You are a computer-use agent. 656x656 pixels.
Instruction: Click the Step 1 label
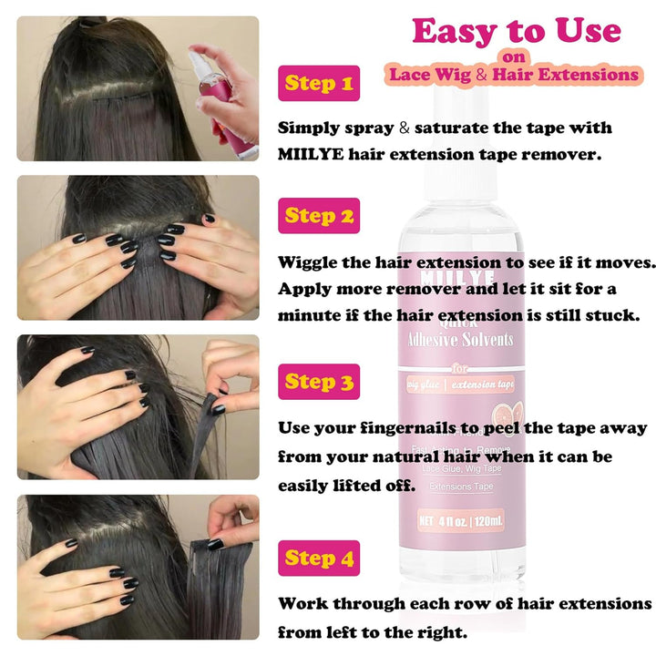coord(318,85)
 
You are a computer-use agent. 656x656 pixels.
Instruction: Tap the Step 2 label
coord(318,216)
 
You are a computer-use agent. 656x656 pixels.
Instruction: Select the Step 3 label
coord(318,382)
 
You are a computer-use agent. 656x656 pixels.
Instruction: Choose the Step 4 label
coord(318,558)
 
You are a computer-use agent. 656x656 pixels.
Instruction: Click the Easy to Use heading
coord(516,31)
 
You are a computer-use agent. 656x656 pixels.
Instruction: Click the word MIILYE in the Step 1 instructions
coord(312,154)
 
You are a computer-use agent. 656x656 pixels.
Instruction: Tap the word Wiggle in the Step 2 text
coord(311,262)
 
